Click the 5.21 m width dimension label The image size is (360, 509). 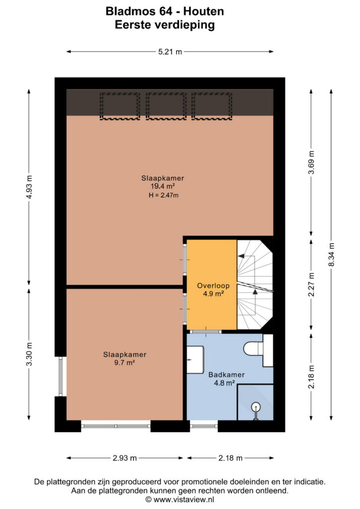(170, 52)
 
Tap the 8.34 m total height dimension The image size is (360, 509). (332, 254)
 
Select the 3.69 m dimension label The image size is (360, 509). (311, 163)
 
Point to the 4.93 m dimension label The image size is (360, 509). (29, 187)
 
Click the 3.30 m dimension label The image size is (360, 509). (29, 354)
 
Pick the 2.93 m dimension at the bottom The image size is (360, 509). (125, 458)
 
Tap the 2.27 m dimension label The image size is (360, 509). (311, 284)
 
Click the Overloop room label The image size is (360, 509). (213, 286)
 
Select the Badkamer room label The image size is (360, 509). (226, 375)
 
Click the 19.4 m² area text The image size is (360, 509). (163, 186)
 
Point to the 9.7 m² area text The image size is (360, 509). (124, 362)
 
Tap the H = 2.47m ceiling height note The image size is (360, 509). (163, 195)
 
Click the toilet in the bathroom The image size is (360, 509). (258, 349)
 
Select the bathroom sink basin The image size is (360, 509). (195, 359)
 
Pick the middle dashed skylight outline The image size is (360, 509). (166, 106)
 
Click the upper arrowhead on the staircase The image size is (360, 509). (241, 256)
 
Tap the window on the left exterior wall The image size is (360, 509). (60, 376)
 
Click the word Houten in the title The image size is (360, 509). (203, 11)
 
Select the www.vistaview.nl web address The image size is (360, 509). (183, 500)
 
